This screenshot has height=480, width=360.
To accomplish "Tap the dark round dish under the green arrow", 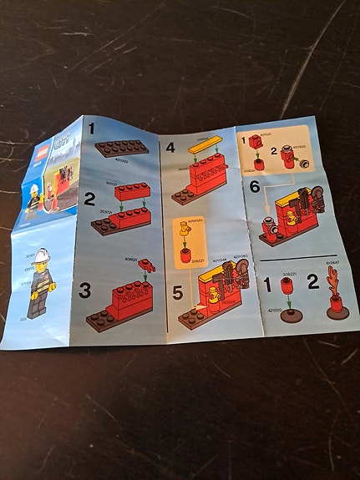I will tap(289, 316).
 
